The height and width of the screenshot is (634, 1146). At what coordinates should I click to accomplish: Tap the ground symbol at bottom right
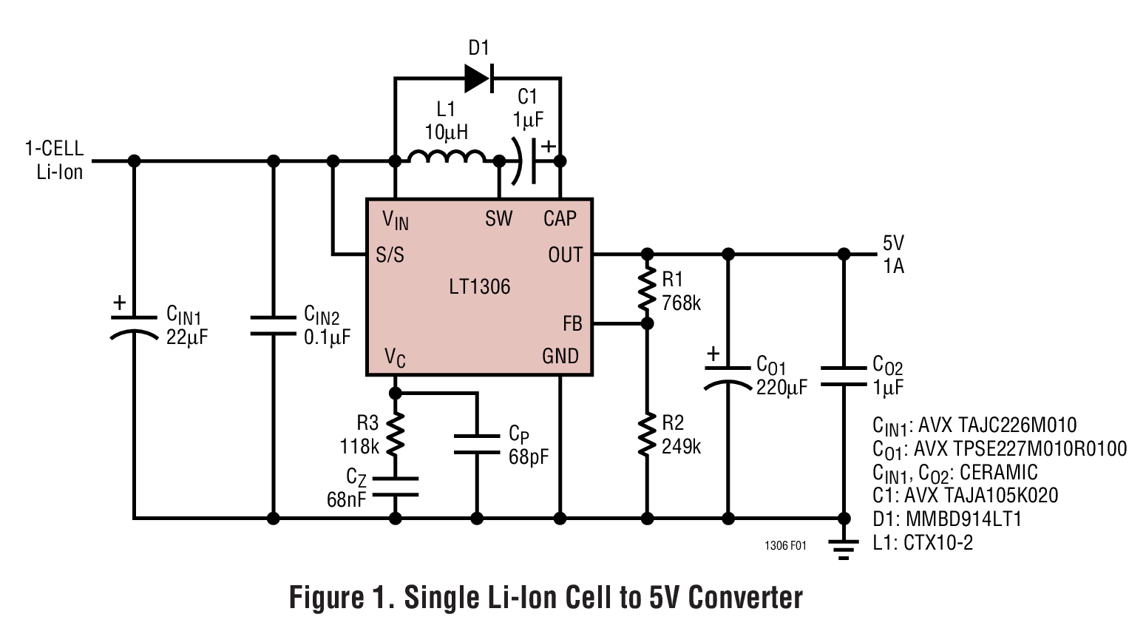click(843, 548)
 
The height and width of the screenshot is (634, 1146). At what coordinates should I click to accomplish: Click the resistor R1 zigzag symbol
click(648, 289)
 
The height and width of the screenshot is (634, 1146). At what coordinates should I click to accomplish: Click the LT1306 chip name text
click(479, 287)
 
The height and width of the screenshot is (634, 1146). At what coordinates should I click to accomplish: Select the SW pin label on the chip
click(498, 218)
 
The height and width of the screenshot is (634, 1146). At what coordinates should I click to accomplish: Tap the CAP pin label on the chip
click(560, 218)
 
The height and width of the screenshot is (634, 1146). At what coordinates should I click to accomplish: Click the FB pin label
click(572, 324)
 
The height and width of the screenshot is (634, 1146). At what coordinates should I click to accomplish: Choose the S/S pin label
click(390, 255)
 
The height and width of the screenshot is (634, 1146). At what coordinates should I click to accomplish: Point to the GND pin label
click(560, 357)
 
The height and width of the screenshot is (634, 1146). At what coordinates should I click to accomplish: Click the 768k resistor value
click(681, 303)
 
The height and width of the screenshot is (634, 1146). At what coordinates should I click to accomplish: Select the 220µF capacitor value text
click(781, 388)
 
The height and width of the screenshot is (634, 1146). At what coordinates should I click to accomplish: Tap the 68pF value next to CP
click(528, 456)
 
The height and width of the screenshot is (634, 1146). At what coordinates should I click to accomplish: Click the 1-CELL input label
click(55, 149)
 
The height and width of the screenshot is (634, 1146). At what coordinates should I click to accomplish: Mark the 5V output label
click(893, 243)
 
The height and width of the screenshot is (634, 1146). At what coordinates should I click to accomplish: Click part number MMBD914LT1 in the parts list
click(963, 519)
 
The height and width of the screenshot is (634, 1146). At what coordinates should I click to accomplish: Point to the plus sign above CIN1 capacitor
click(119, 303)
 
